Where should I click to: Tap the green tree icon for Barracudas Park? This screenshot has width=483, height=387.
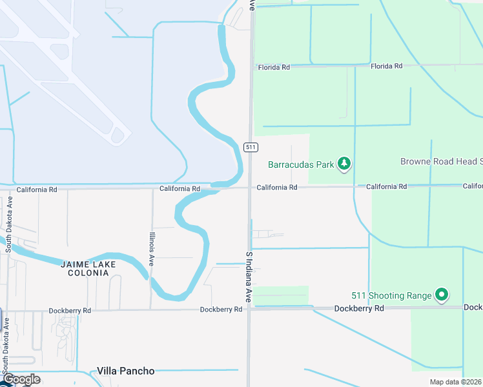coord(345,164)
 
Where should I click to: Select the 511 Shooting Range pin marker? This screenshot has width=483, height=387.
coord(442,295)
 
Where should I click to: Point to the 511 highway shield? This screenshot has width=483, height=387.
coord(251,147)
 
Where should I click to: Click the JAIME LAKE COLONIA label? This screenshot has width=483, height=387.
coord(88,268)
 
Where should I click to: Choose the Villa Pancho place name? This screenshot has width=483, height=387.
coord(126,371)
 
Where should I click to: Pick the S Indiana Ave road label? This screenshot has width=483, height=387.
coord(248,278)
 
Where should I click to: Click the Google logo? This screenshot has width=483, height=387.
coord(21,379)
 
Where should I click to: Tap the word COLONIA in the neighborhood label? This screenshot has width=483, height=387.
coord(88,273)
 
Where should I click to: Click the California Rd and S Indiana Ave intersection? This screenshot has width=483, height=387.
coord(251,188)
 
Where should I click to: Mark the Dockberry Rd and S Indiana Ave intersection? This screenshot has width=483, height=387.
coord(249,309)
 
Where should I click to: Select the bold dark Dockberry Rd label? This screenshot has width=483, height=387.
coord(359,309)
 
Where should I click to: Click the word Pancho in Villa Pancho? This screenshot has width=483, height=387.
coord(139,371)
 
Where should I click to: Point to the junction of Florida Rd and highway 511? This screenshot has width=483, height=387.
coord(252,66)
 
